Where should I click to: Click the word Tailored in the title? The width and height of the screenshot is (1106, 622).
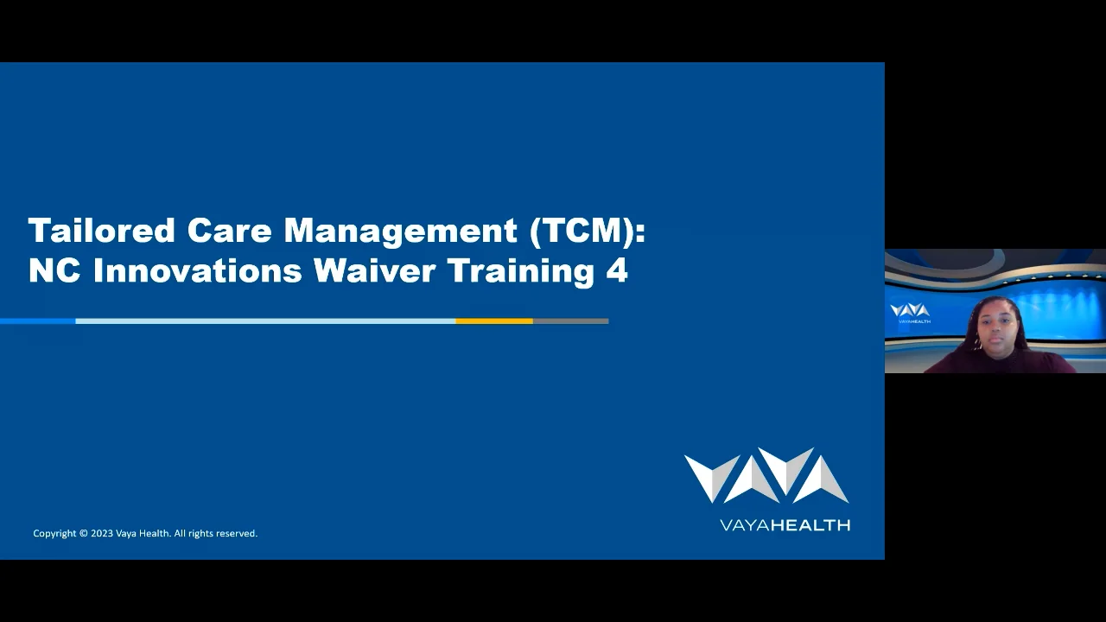[102, 231]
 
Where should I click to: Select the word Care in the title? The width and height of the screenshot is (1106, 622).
[230, 231]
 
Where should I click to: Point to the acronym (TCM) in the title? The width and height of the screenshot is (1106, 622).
[587, 231]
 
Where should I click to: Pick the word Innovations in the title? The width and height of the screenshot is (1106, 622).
[198, 271]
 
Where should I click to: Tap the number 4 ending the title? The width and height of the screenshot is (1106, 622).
[617, 271]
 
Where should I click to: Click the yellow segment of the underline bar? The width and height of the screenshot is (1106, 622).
[494, 321]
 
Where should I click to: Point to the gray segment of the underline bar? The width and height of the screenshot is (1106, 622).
[570, 321]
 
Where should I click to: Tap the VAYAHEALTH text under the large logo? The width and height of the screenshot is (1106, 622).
[785, 524]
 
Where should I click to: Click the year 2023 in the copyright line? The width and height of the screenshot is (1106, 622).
[102, 534]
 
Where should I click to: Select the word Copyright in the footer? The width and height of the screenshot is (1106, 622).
[54, 534]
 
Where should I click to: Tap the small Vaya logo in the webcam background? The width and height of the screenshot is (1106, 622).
[910, 312]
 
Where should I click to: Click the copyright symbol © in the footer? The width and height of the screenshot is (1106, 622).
[84, 534]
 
